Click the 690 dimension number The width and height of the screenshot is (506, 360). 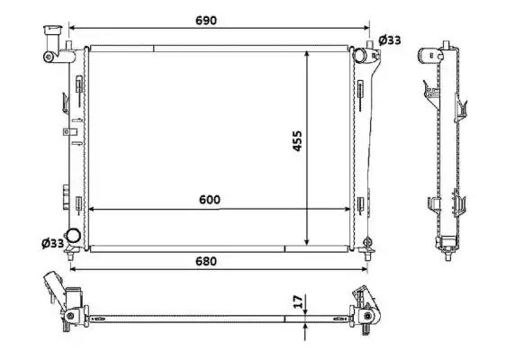(206, 21)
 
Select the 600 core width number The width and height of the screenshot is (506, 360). (210, 200)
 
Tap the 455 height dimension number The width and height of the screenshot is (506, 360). (297, 140)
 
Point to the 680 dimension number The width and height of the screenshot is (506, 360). (206, 261)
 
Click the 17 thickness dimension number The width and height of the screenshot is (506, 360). (299, 301)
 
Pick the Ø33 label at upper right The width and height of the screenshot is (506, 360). (390, 40)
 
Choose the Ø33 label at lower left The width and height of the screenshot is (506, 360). (52, 243)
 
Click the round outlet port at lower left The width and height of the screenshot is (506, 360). (73, 236)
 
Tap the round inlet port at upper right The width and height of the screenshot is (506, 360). (359, 55)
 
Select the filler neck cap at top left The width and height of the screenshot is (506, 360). (52, 30)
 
